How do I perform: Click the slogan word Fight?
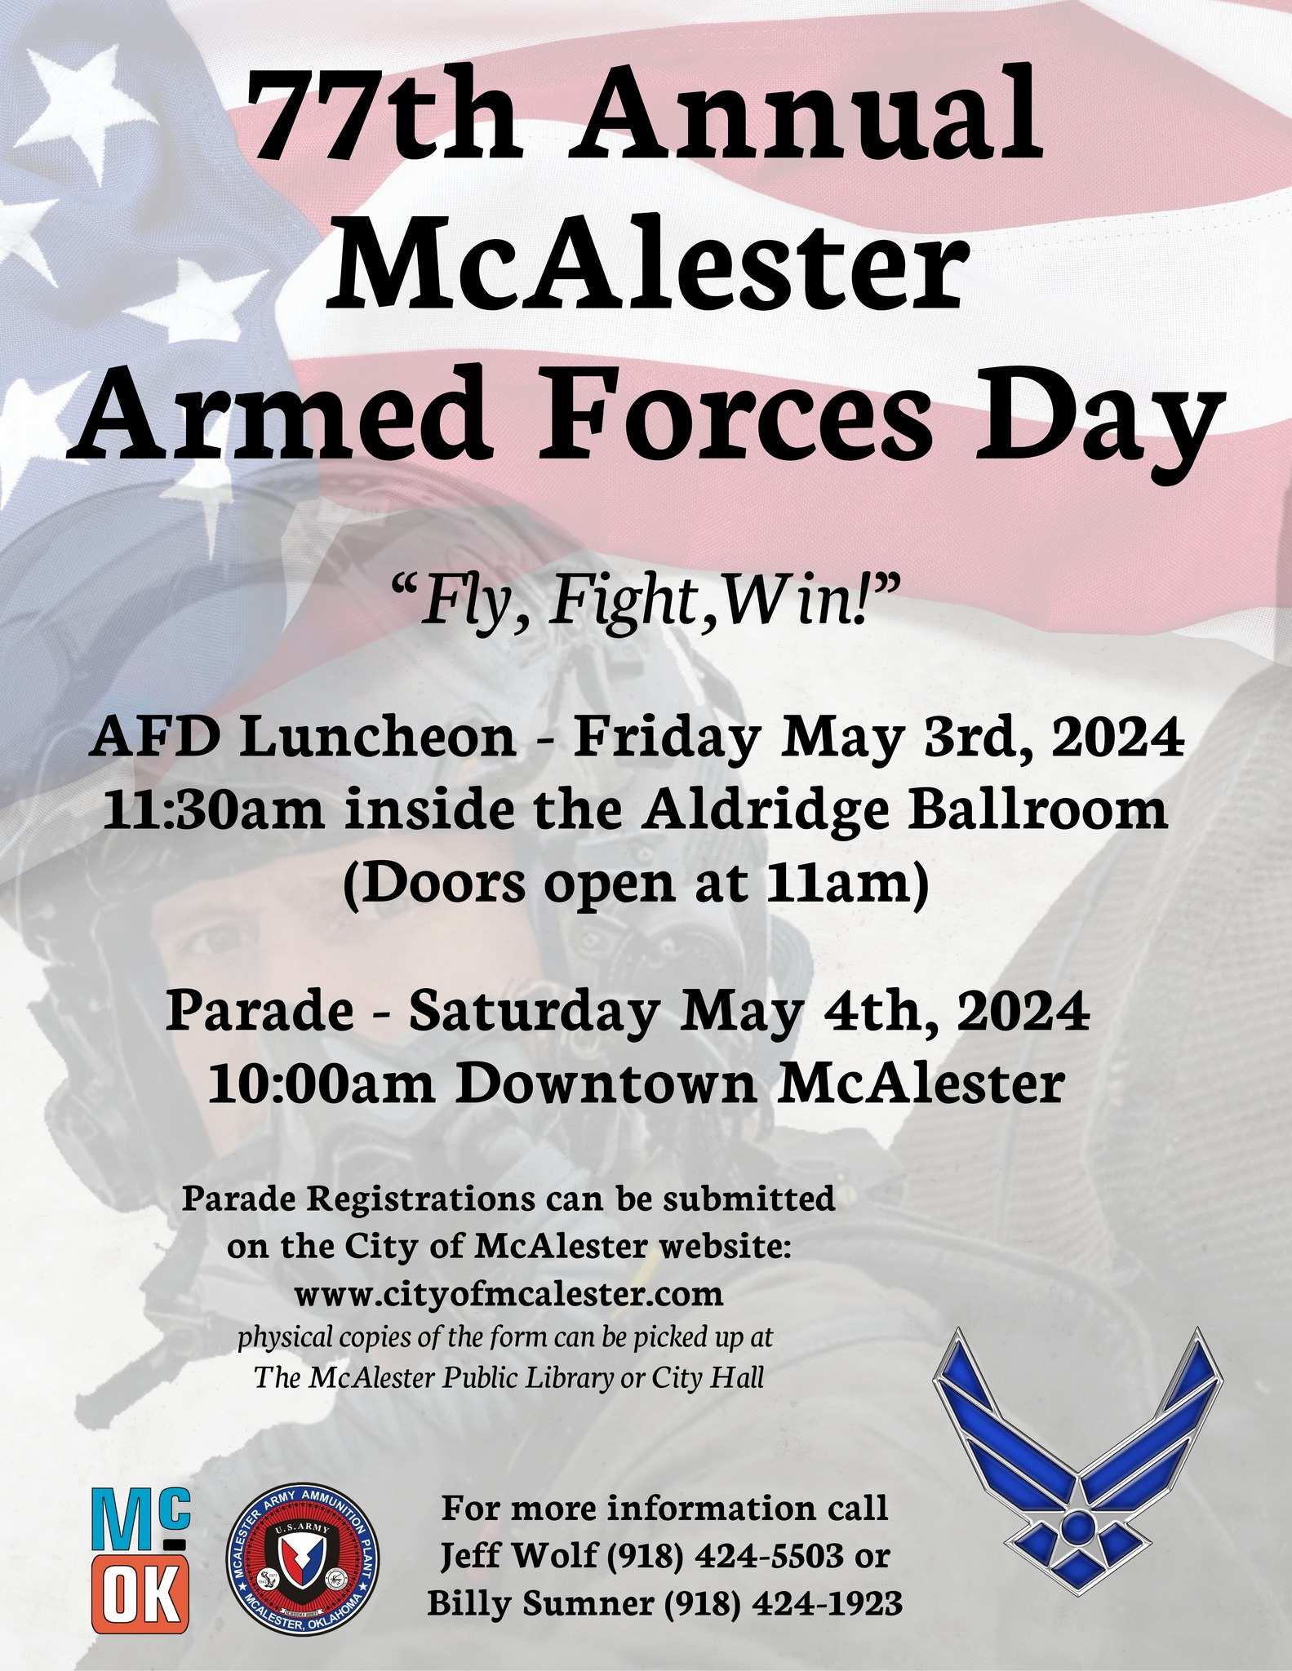pyautogui.click(x=621, y=605)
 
